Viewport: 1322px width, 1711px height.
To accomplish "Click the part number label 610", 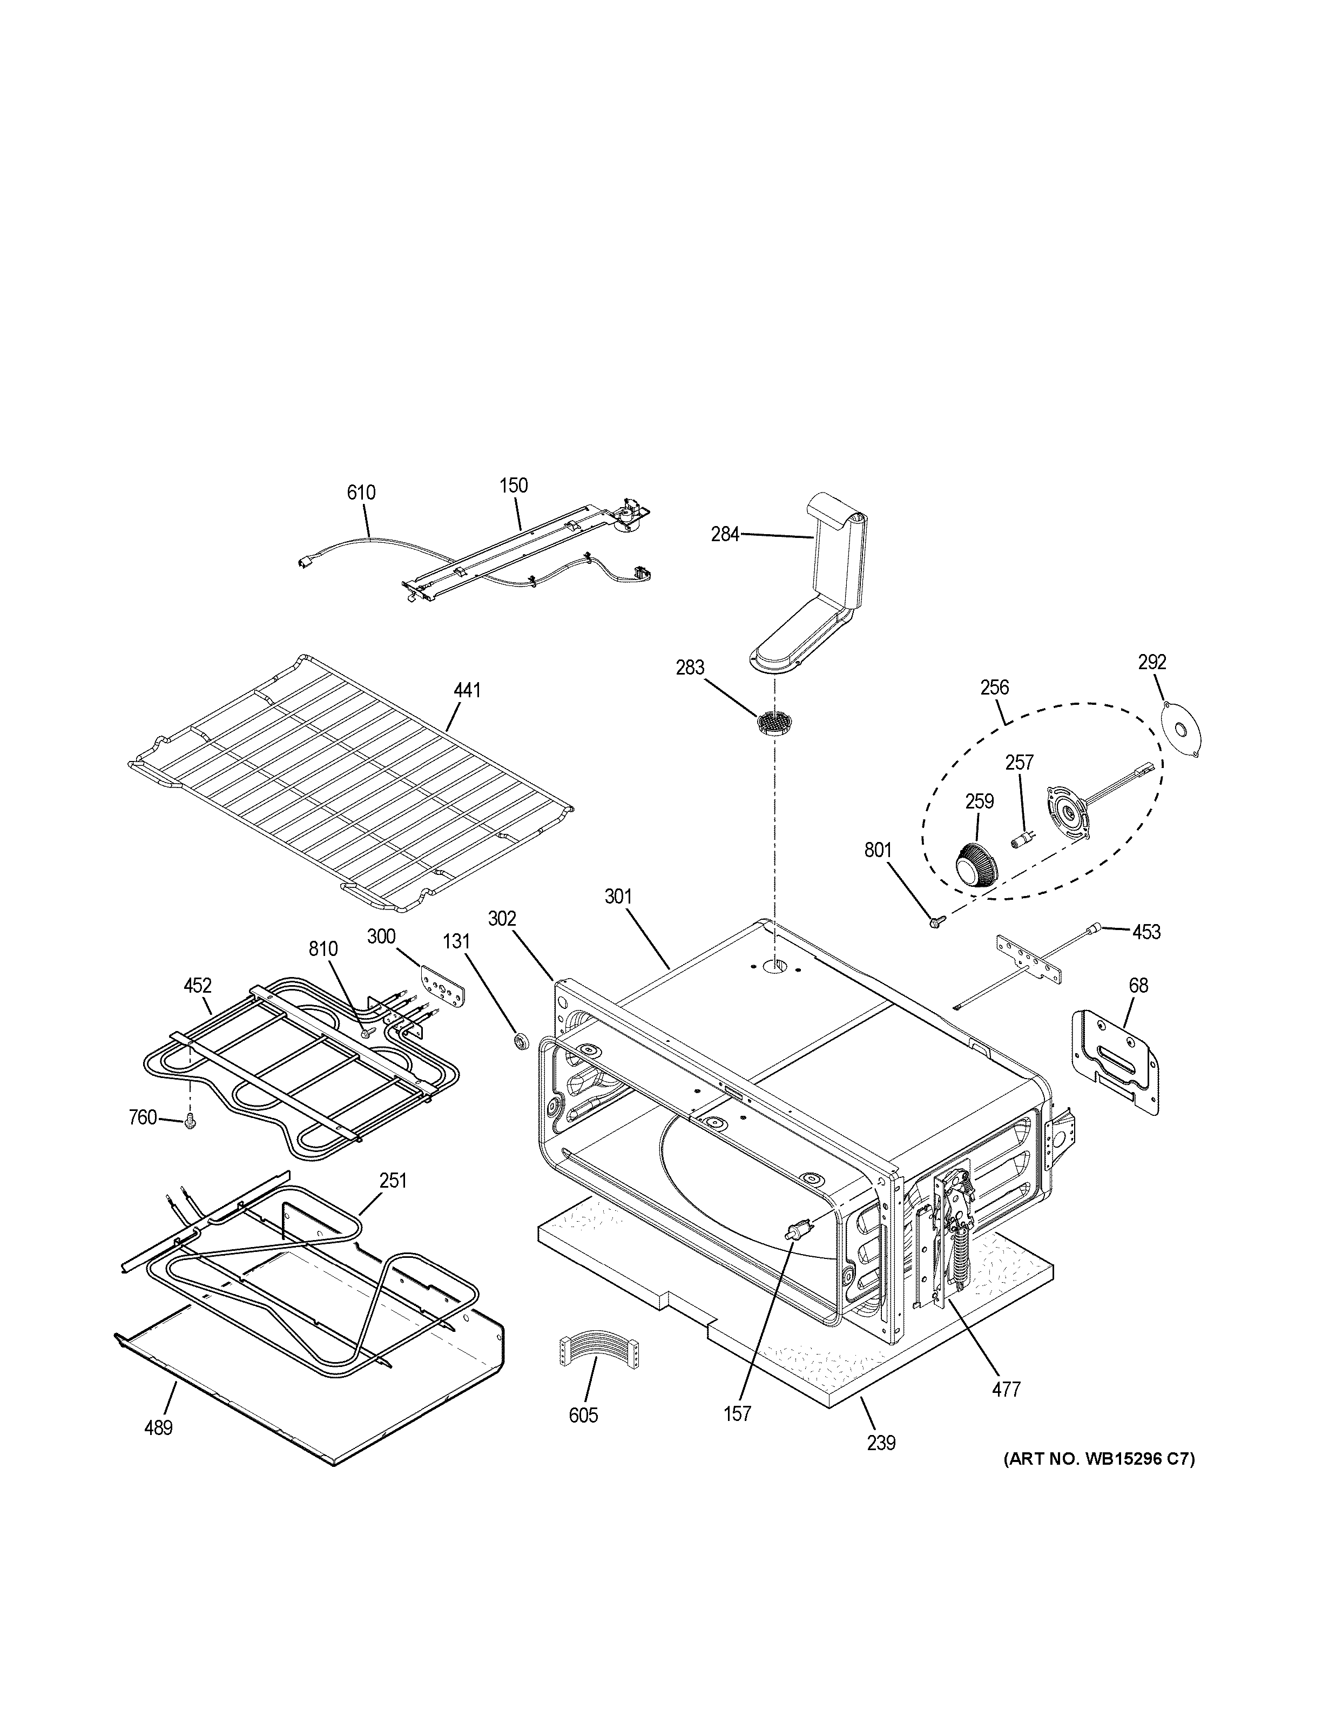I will tap(361, 493).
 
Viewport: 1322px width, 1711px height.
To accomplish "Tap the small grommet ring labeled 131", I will tap(518, 1040).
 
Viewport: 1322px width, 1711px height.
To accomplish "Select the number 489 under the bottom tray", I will tap(158, 1428).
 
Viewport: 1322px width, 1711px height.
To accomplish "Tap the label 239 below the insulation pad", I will tap(881, 1442).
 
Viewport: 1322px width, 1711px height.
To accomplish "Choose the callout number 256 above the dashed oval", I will tap(995, 688).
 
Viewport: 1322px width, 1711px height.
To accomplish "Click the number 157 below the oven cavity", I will tap(738, 1413).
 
